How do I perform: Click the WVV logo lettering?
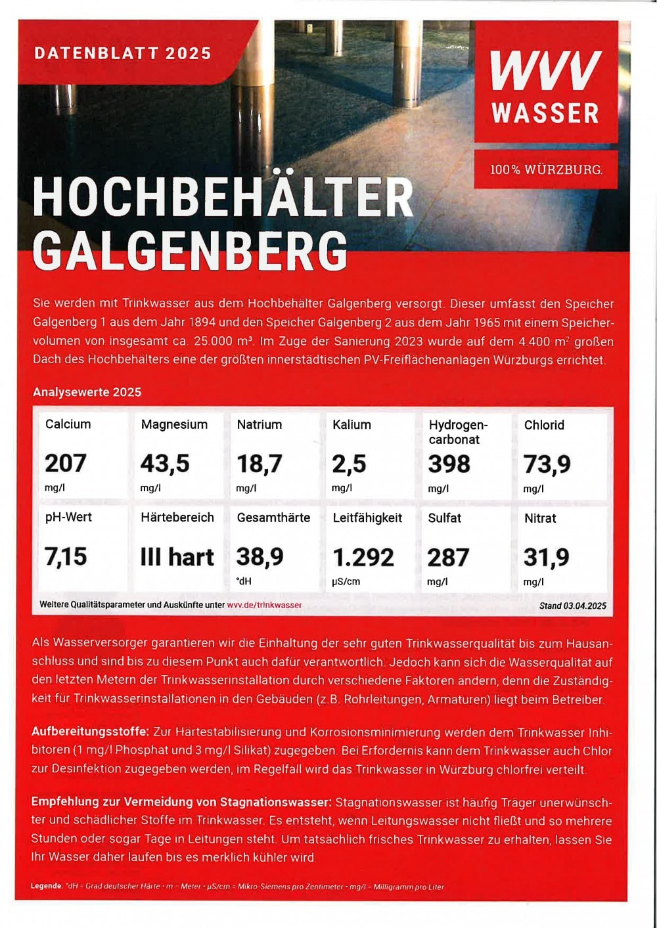(545, 70)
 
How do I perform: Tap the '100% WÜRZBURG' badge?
(545, 169)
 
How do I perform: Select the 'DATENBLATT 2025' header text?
(123, 53)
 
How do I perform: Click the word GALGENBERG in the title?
(190, 250)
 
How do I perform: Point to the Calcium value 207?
(66, 463)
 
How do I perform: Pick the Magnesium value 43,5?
(165, 464)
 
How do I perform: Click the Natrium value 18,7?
(260, 464)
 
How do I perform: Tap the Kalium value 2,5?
(349, 464)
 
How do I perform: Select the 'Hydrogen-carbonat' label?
(458, 432)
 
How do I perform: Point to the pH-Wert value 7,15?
(66, 556)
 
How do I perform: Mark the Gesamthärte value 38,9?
(260, 557)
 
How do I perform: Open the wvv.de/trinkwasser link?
(264, 605)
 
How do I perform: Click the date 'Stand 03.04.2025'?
(572, 606)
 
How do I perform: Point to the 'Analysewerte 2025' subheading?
(87, 392)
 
